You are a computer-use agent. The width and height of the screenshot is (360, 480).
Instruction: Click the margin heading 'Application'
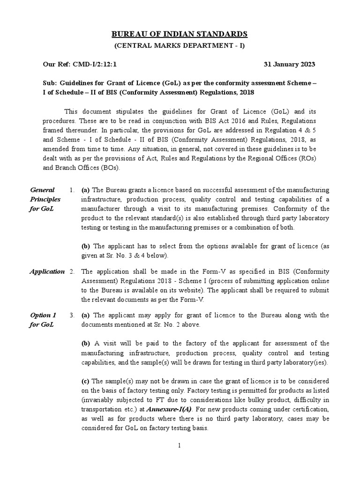pos(47,271)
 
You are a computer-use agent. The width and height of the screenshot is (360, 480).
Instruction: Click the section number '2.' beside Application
pos(72,271)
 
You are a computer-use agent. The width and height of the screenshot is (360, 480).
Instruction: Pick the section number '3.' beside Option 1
pos(72,315)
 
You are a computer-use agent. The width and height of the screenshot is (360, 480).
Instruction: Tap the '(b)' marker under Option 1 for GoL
pos(86,343)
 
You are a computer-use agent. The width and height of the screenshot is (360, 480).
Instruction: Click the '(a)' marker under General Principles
pos(86,190)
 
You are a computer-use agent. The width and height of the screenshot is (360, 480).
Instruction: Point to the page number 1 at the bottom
pos(180,445)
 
